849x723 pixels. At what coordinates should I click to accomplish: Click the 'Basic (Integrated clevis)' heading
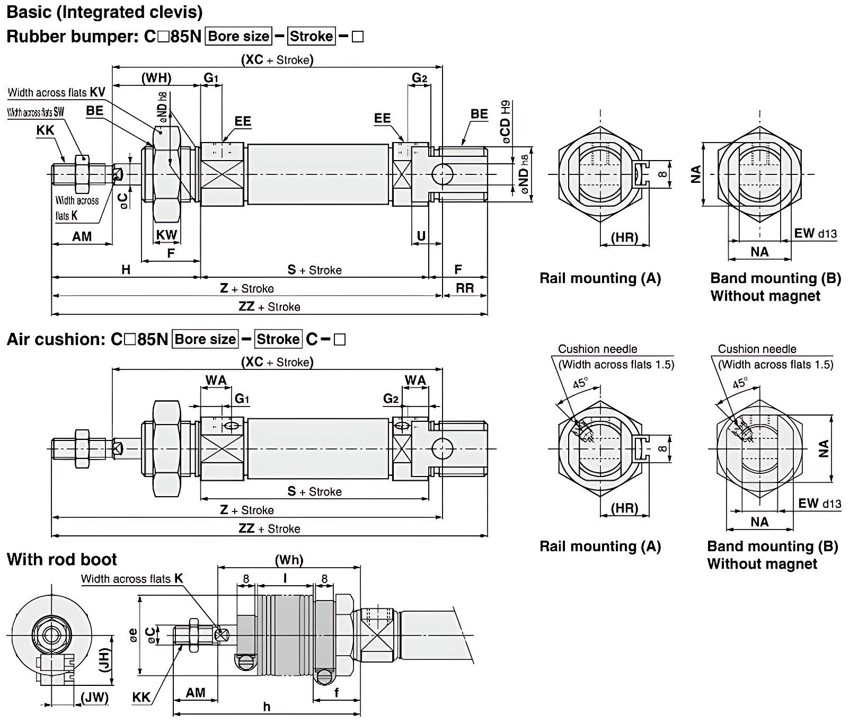pyautogui.click(x=104, y=12)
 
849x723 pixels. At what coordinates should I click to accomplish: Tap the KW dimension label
pyautogui.click(x=166, y=235)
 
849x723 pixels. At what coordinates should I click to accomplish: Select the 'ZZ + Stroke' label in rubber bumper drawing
pyautogui.click(x=269, y=307)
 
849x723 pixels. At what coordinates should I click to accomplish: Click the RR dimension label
pyautogui.click(x=465, y=288)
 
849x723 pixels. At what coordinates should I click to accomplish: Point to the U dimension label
pyautogui.click(x=421, y=236)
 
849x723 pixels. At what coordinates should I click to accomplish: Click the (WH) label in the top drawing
pyautogui.click(x=156, y=78)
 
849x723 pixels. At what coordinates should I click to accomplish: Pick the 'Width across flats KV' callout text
pyautogui.click(x=56, y=92)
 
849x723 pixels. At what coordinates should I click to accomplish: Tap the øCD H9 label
pyautogui.click(x=506, y=122)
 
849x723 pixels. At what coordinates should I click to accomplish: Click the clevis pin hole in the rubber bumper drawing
pyautogui.click(x=442, y=174)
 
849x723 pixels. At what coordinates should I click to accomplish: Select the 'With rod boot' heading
pyautogui.click(x=62, y=559)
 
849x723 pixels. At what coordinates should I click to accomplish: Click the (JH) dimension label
pyautogui.click(x=105, y=660)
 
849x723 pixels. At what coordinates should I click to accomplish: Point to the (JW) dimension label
pyautogui.click(x=94, y=698)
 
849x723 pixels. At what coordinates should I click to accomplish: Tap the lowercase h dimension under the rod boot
pyautogui.click(x=267, y=707)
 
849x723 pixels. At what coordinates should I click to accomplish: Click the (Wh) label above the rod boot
pyautogui.click(x=289, y=560)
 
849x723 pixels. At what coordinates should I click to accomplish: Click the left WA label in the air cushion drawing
pyautogui.click(x=216, y=380)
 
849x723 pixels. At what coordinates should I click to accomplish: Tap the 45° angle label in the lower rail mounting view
pyautogui.click(x=580, y=383)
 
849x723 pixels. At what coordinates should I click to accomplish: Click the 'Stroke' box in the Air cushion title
pyautogui.click(x=278, y=339)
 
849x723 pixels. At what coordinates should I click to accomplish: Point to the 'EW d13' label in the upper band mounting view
pyautogui.click(x=815, y=233)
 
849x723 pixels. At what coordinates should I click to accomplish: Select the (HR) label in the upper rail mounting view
pyautogui.click(x=624, y=237)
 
